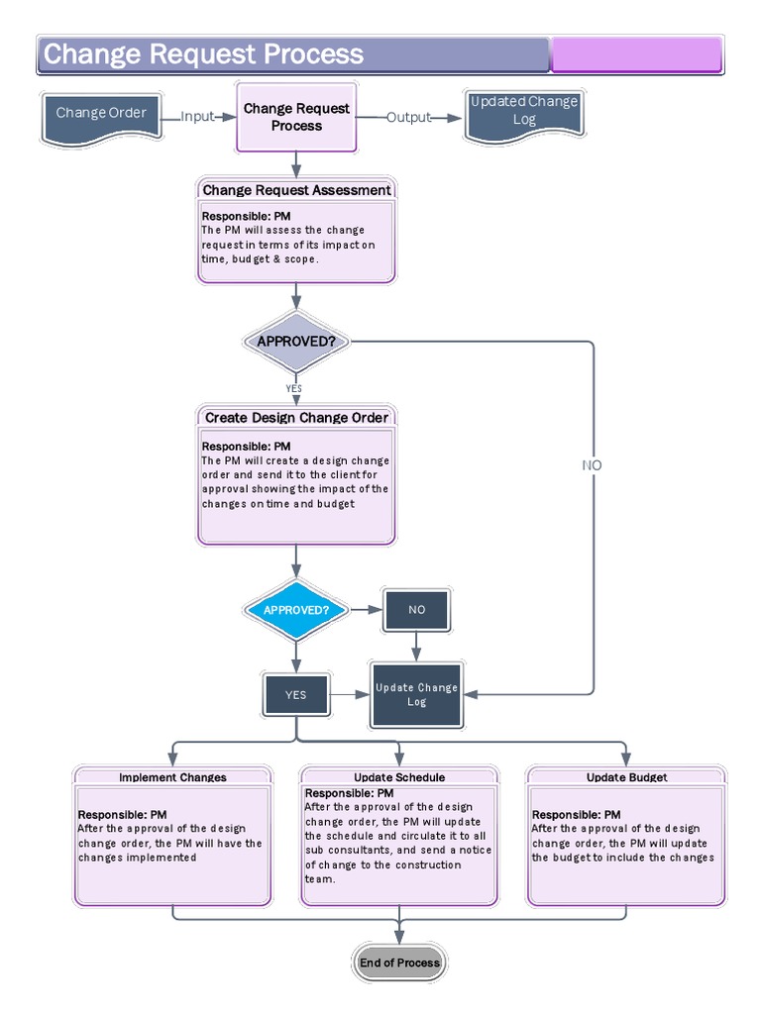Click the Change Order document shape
coord(101,115)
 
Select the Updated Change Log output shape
coord(524,111)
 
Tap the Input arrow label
coord(197,117)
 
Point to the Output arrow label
coord(408,117)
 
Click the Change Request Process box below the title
coord(296,117)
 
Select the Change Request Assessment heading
coord(296,190)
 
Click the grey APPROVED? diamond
coord(296,342)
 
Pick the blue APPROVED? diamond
coord(295,610)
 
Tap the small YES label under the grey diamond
coord(294,389)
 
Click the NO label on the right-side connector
coord(592,465)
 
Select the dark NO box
coord(416,610)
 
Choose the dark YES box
coord(295,694)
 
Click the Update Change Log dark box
coord(416,694)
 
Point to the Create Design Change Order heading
coord(296,418)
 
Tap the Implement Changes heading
coord(172,777)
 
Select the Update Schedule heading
coord(399,777)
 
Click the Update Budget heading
coord(626,777)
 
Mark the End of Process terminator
coord(398,963)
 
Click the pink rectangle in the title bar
coord(636,54)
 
